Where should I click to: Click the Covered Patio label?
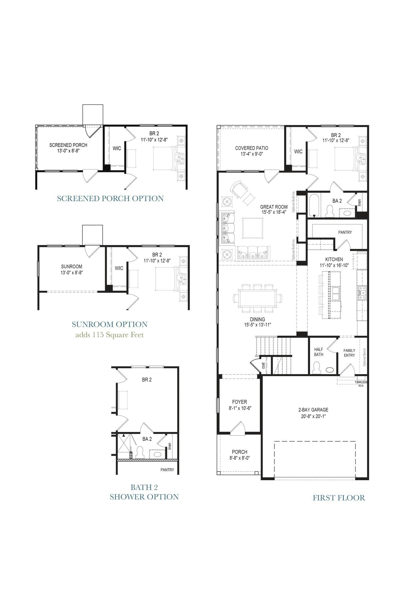[x=251, y=148]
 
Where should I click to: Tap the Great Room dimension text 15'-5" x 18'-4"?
[x=274, y=212]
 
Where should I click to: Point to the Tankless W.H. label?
[x=361, y=384]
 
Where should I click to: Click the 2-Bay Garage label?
[x=313, y=410]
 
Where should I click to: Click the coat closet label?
[x=264, y=366]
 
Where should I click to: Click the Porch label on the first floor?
[x=240, y=452]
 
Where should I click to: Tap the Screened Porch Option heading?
[x=110, y=198]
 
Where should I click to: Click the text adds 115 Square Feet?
[x=109, y=335]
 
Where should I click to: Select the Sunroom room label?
[x=71, y=266]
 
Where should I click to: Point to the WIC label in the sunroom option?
[x=119, y=268]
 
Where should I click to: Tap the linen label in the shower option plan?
[x=170, y=446]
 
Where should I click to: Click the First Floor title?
[x=339, y=498]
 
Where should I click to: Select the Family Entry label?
[x=349, y=353]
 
